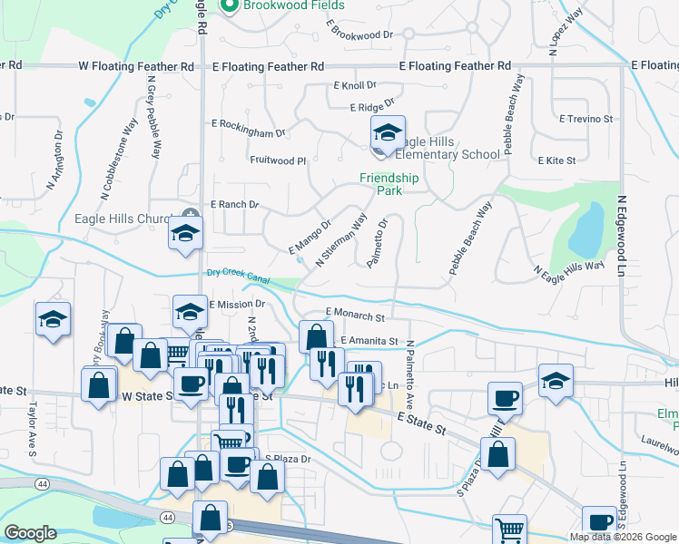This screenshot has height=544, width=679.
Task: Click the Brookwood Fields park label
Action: coord(283,5)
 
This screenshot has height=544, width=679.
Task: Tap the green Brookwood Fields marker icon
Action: coord(229,5)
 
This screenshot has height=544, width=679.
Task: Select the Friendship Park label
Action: coord(389,185)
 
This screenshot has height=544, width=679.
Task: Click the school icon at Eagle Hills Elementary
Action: coord(387,135)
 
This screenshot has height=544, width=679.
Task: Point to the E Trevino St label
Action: coord(586,119)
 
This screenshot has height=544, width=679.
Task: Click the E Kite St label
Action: coord(556,160)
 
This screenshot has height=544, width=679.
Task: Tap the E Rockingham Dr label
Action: coord(248,128)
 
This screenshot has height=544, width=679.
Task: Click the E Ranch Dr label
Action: coord(234,205)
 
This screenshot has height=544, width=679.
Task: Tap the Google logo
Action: coord(31,533)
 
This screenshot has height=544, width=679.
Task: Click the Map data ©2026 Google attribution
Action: coord(624,537)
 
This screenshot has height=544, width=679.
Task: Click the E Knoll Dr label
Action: coord(354,85)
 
